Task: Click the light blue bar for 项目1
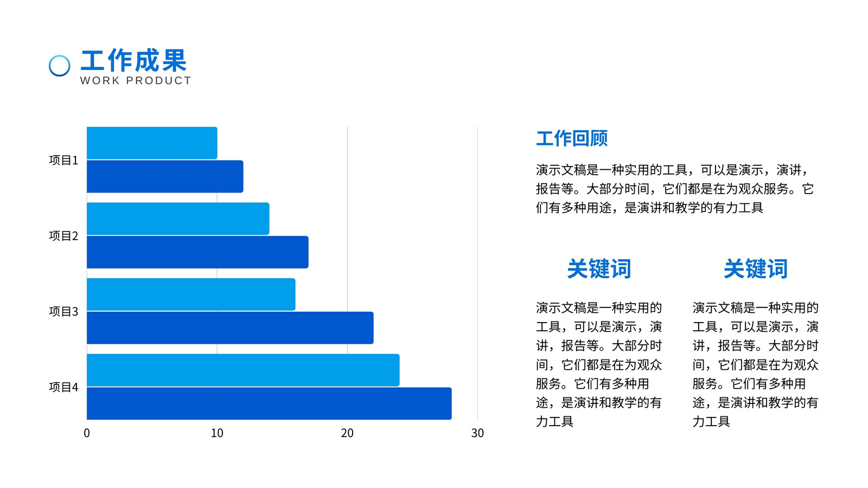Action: (x=152, y=143)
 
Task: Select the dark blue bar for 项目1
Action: (x=165, y=176)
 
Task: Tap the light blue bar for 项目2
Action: (x=178, y=219)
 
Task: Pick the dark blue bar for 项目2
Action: (x=197, y=252)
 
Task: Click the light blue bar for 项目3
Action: (x=191, y=294)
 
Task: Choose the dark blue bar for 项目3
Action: (x=230, y=328)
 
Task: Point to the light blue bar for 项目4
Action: (x=243, y=370)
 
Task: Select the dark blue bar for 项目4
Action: (x=269, y=403)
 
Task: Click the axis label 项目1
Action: (x=63, y=160)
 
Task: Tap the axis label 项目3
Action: (x=63, y=311)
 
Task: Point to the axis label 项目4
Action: (x=63, y=387)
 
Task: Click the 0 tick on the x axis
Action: (x=87, y=433)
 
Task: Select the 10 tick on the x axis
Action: (x=217, y=433)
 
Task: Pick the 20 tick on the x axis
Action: (x=347, y=433)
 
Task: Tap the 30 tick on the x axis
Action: (x=477, y=433)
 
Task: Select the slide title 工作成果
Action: (x=133, y=60)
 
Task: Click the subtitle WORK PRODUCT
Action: (x=136, y=81)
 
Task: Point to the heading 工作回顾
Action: (x=572, y=138)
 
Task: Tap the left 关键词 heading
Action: (x=599, y=268)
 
